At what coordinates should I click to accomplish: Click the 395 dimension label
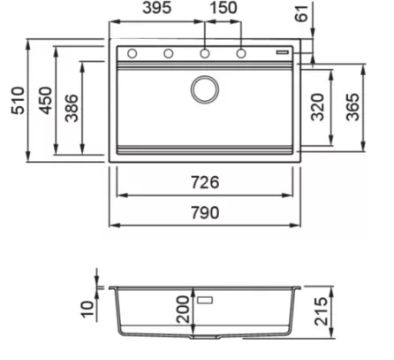click(x=156, y=8)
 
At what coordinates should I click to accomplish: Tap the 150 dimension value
click(x=224, y=8)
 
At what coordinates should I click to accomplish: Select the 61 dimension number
click(x=301, y=13)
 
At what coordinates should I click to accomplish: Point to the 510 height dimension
click(x=18, y=101)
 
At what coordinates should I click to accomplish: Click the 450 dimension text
click(x=46, y=101)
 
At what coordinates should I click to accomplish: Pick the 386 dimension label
click(x=72, y=108)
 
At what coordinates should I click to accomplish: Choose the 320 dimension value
click(x=318, y=107)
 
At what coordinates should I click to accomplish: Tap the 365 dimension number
click(x=352, y=107)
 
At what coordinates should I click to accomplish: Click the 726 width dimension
click(x=205, y=182)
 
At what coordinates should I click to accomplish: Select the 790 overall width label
click(x=205, y=212)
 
